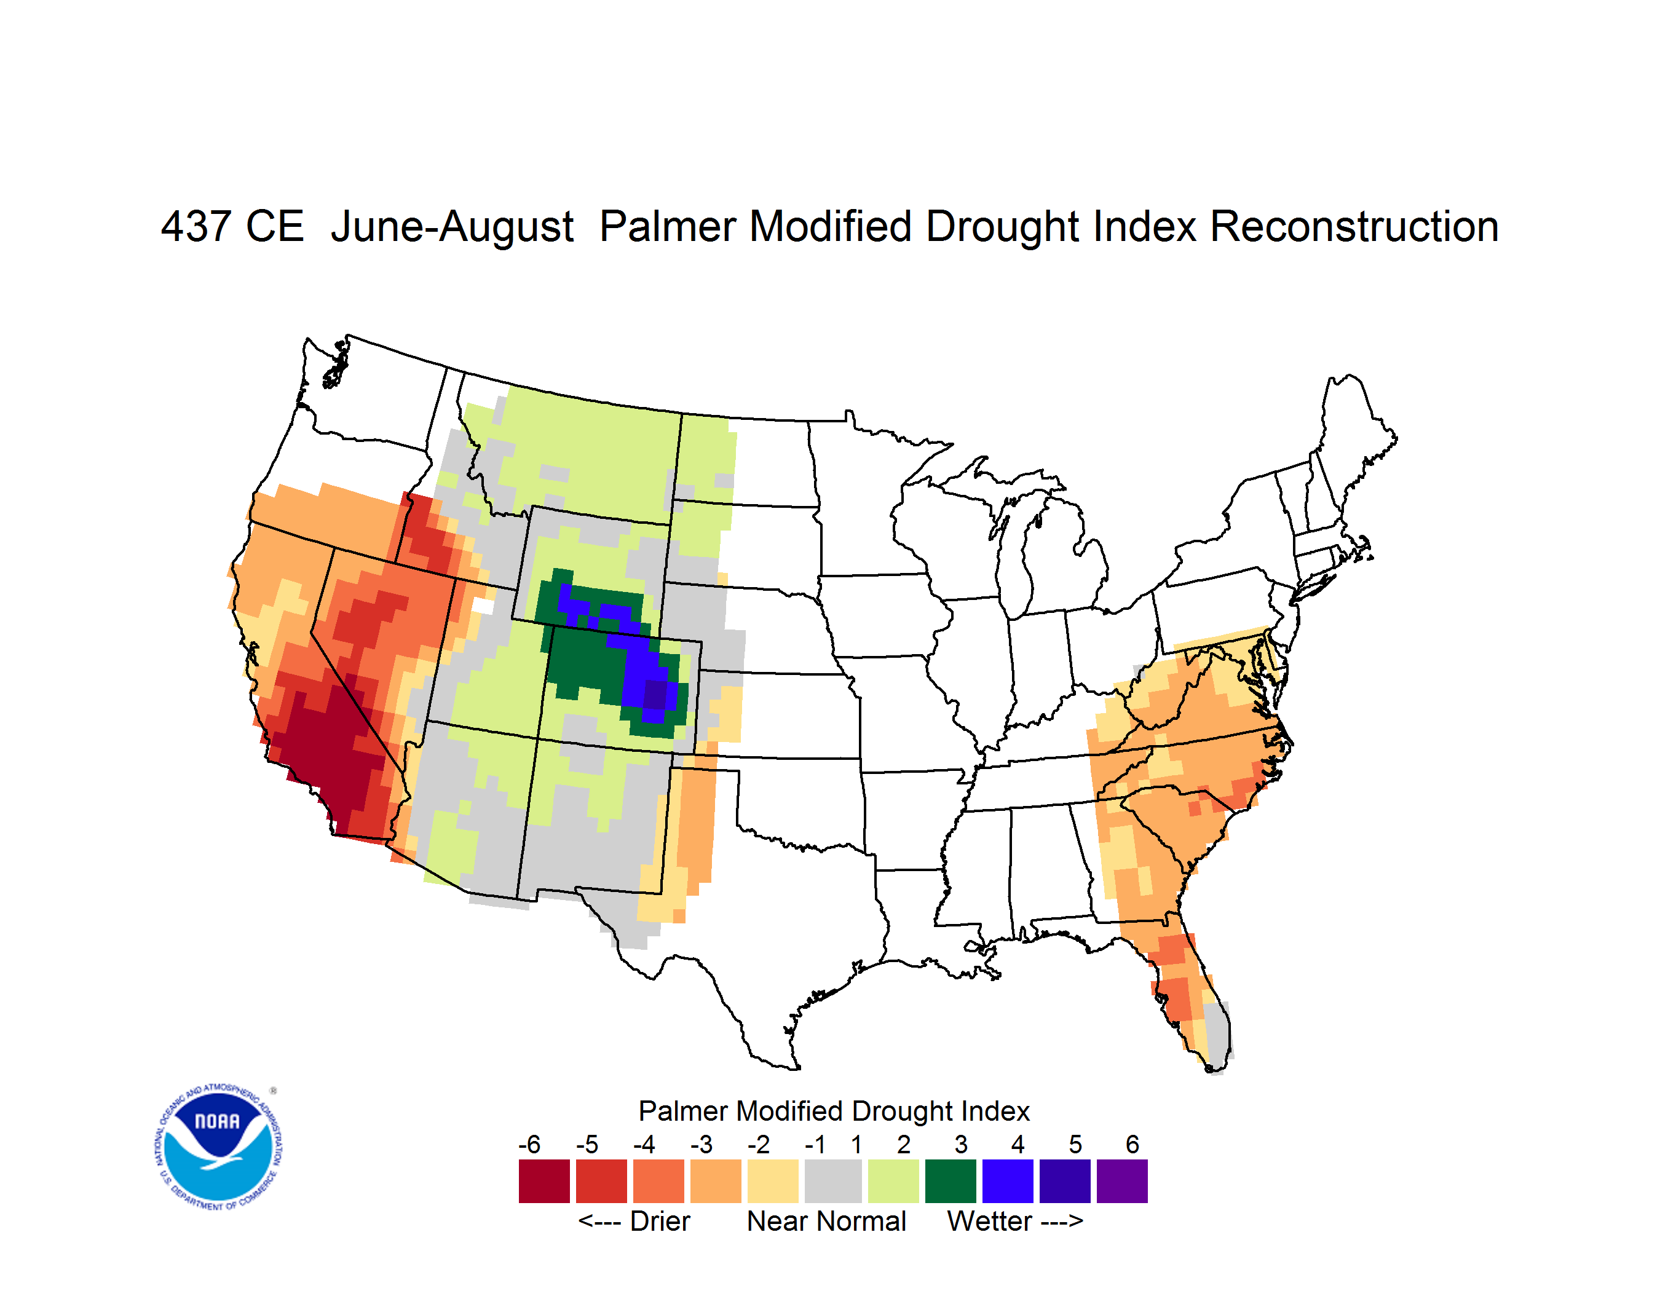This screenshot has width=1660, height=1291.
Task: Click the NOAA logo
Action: (x=218, y=1147)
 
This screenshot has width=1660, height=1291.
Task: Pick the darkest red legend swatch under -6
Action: (x=544, y=1181)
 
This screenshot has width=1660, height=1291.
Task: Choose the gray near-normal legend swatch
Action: (x=833, y=1181)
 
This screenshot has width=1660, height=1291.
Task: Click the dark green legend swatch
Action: (x=950, y=1181)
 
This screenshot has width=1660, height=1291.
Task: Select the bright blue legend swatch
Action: (x=1008, y=1181)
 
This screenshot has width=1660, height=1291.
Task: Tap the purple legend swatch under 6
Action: (x=1122, y=1181)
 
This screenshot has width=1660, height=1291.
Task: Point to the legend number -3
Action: (x=701, y=1144)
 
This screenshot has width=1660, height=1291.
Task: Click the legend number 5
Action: (x=1075, y=1144)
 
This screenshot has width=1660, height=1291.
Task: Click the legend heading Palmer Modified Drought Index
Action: (x=834, y=1111)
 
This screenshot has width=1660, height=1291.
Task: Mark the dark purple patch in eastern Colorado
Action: (x=655, y=695)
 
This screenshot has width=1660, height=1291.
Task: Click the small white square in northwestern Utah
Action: (x=483, y=606)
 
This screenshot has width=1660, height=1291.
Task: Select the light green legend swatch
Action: (x=893, y=1181)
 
